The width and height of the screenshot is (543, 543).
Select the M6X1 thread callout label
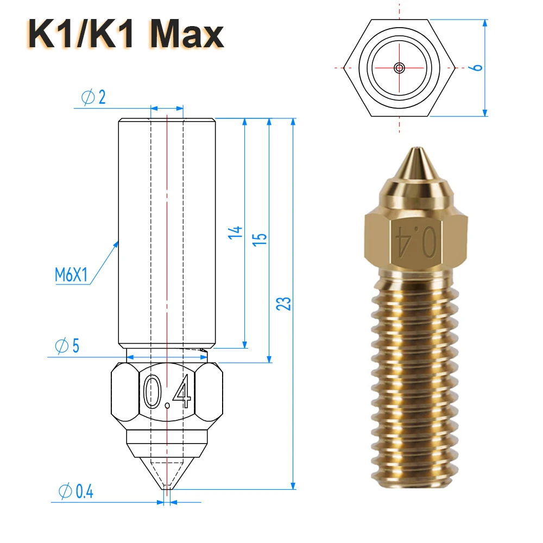tap(71, 275)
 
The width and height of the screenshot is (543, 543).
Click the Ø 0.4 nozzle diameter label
tap(75, 492)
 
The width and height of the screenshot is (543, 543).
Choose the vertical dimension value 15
tap(260, 239)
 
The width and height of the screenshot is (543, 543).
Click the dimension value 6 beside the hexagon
tap(476, 67)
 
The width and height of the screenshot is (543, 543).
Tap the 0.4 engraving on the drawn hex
tap(167, 392)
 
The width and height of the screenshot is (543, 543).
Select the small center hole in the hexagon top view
tap(400, 68)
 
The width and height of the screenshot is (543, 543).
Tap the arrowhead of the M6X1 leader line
tap(117, 242)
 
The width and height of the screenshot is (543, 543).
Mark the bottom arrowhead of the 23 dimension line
tap(294, 485)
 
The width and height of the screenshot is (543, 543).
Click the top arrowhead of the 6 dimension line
tap(485, 23)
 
